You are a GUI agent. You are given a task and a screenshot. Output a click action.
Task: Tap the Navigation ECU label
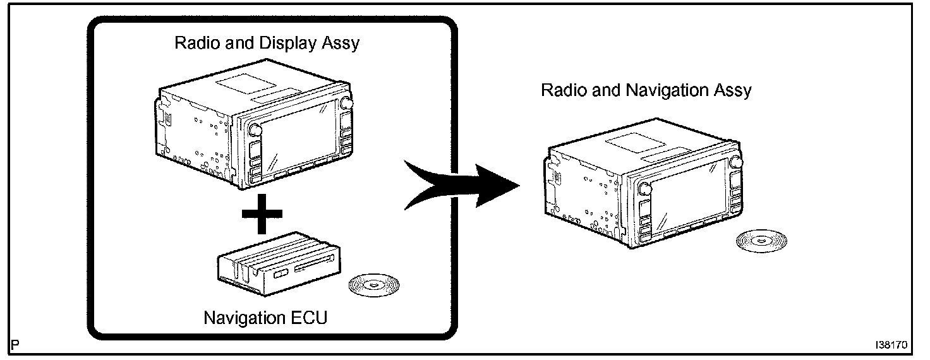(x=265, y=317)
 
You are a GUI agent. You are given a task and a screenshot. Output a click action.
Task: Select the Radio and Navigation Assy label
(x=646, y=90)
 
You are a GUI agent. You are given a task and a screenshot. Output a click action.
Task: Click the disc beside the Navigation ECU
(x=375, y=285)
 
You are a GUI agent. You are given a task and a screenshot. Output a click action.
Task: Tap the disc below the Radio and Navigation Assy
(x=761, y=240)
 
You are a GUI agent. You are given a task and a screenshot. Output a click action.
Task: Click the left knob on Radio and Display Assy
(x=255, y=129)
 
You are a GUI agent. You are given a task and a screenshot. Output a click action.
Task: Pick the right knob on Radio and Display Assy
(x=346, y=104)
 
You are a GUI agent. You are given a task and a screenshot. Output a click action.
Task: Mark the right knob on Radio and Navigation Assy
(x=734, y=162)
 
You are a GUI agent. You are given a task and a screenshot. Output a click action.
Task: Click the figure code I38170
(x=891, y=346)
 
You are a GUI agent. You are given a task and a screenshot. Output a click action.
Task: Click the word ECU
(x=309, y=317)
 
